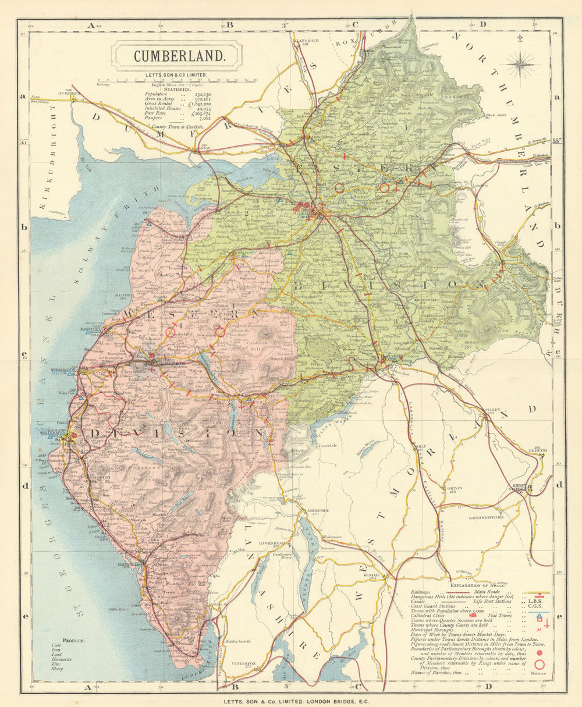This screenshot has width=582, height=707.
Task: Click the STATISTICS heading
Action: tap(178, 90)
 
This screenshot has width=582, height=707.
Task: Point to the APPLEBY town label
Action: tap(491, 410)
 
